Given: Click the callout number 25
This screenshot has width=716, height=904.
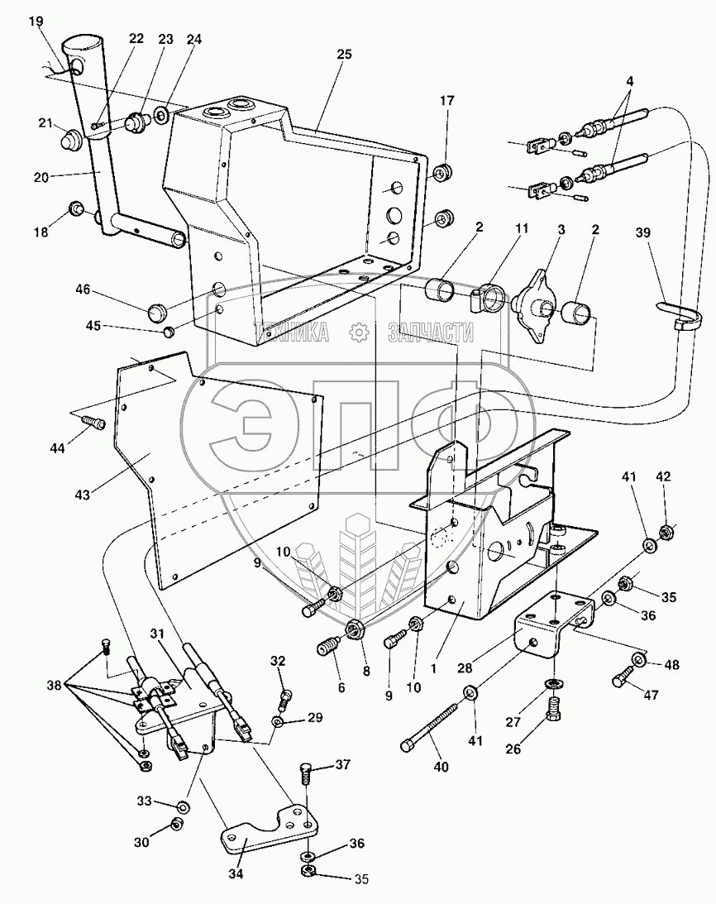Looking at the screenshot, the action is click(x=344, y=54).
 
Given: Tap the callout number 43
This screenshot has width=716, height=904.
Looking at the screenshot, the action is click(x=83, y=494).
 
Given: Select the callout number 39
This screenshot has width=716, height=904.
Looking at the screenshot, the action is click(x=642, y=232).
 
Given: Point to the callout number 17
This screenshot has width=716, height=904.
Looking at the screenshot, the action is click(x=447, y=101).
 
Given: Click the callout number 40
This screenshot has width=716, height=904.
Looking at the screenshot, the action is click(x=441, y=766).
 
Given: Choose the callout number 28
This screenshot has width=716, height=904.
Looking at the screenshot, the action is click(x=465, y=668).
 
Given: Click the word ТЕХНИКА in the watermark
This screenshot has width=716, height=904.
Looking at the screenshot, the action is click(x=293, y=332).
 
